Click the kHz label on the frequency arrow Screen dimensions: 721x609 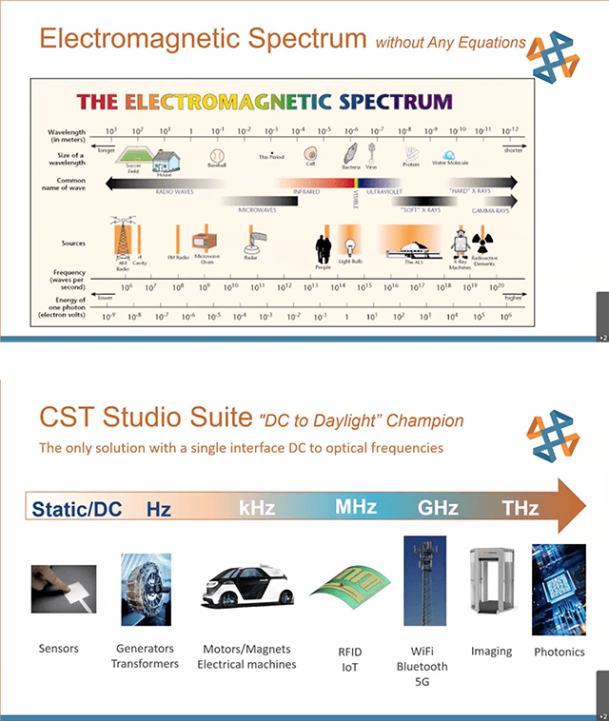[x=257, y=508]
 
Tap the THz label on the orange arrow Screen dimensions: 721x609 [x=521, y=508]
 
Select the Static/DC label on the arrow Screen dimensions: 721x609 [x=77, y=509]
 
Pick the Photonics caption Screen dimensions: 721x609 [x=559, y=652]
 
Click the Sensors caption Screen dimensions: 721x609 [x=59, y=649]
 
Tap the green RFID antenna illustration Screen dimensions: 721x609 [x=345, y=591]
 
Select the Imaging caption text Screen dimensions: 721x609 [x=491, y=652]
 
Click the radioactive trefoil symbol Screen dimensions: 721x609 [x=482, y=242]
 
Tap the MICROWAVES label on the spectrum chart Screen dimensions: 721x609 [x=258, y=207]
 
